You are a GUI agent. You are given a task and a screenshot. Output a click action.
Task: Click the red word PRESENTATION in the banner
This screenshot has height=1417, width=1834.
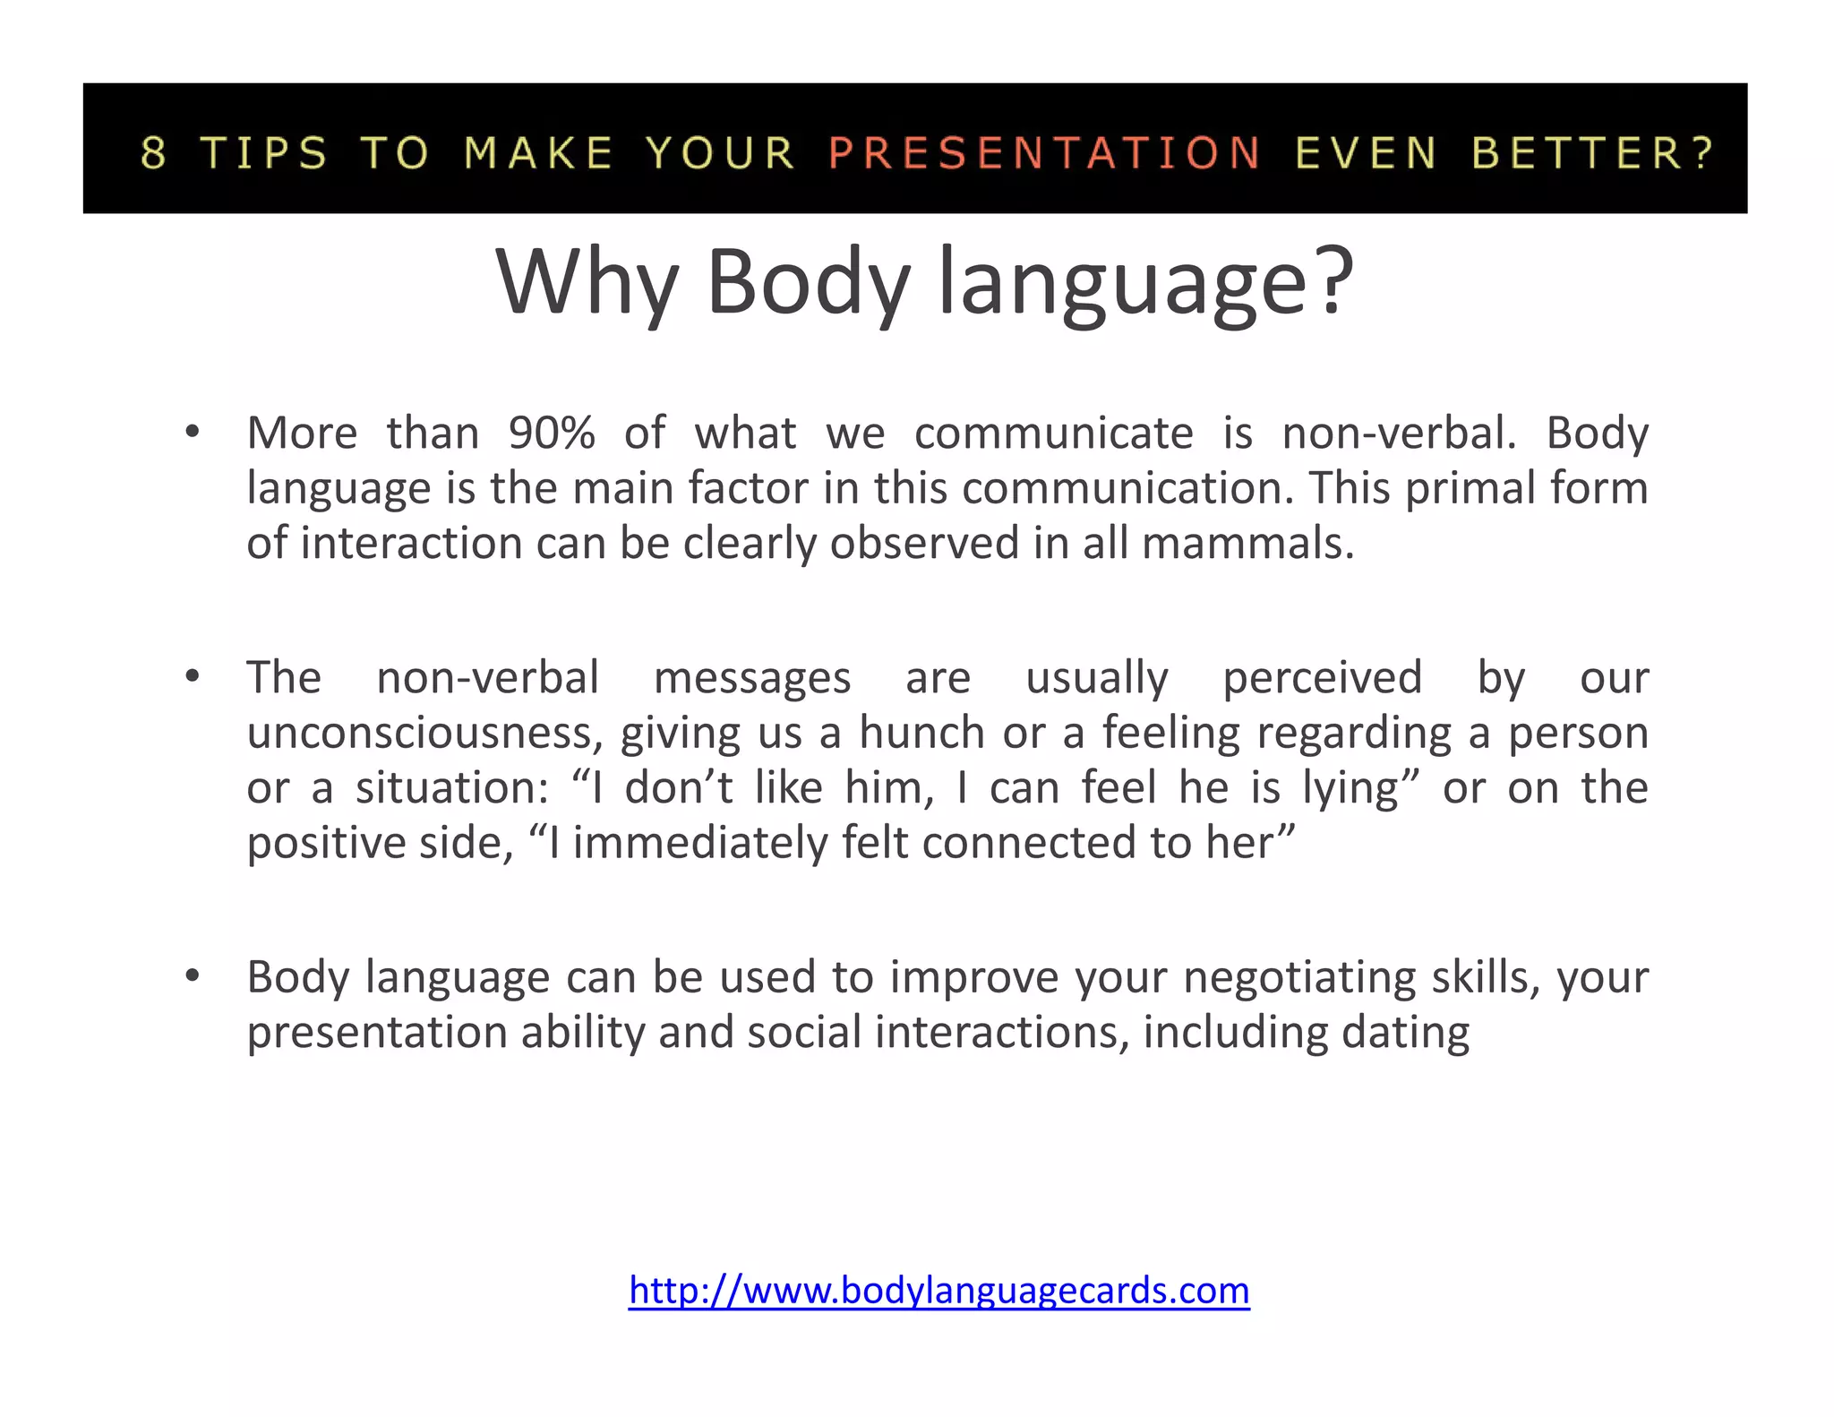tap(1044, 152)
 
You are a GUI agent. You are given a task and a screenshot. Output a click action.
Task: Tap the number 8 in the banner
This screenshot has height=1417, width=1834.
tap(153, 152)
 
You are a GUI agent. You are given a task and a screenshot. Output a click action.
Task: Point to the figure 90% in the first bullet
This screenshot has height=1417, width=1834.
tap(552, 434)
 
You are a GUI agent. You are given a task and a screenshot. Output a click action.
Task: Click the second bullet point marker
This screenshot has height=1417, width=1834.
tap(192, 677)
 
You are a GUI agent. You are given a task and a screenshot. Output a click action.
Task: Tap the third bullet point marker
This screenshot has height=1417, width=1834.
tap(192, 976)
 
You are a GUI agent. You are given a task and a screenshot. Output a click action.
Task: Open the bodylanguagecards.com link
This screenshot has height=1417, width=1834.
tap(938, 1291)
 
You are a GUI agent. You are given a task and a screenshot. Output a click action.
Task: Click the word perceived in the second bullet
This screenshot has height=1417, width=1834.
tap(1322, 677)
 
